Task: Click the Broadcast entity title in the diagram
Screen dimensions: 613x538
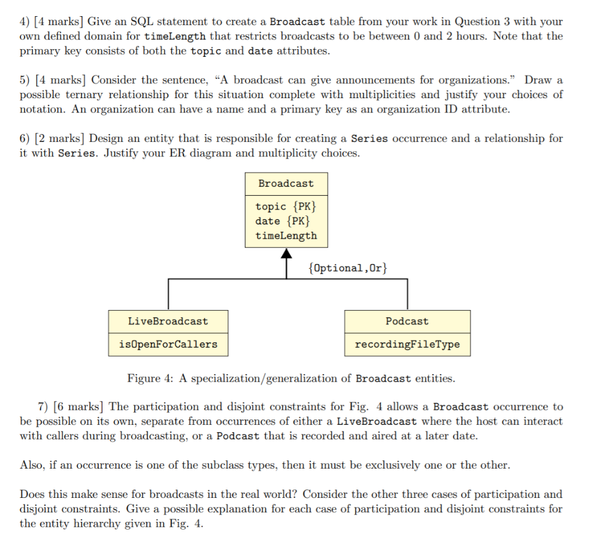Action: [286, 184]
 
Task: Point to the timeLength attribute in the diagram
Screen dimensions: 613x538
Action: [286, 235]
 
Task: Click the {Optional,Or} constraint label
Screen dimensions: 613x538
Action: [347, 268]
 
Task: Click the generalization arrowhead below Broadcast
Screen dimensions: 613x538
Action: [286, 254]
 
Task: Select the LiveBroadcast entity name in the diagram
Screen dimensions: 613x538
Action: [168, 321]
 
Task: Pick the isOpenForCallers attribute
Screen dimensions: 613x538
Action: [168, 345]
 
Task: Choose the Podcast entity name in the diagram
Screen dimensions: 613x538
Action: [407, 321]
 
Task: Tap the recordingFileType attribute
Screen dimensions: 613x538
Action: [407, 345]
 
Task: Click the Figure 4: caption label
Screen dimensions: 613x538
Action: [152, 378]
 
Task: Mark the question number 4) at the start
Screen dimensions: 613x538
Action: [25, 22]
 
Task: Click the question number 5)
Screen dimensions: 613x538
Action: [25, 80]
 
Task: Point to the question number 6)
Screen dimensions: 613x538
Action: [25, 138]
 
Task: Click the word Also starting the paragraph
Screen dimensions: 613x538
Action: [31, 465]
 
